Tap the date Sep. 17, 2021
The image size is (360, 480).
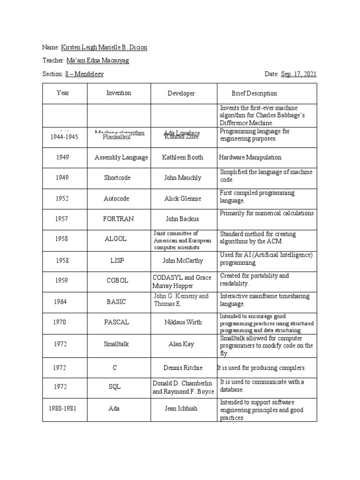[x=299, y=74]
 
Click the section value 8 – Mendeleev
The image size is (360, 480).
[x=84, y=74]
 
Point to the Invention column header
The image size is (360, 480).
[x=119, y=93]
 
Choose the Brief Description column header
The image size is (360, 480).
[x=254, y=93]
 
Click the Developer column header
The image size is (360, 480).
[x=181, y=93]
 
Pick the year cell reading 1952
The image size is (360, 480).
[x=62, y=199]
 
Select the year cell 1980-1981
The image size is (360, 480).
[x=62, y=408]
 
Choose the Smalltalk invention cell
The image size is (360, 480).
[x=116, y=344]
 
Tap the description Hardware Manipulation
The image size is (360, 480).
[x=250, y=157]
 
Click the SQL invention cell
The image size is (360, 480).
[x=114, y=387]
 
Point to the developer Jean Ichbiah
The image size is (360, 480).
[x=181, y=408]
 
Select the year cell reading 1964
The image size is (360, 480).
[x=60, y=302]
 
